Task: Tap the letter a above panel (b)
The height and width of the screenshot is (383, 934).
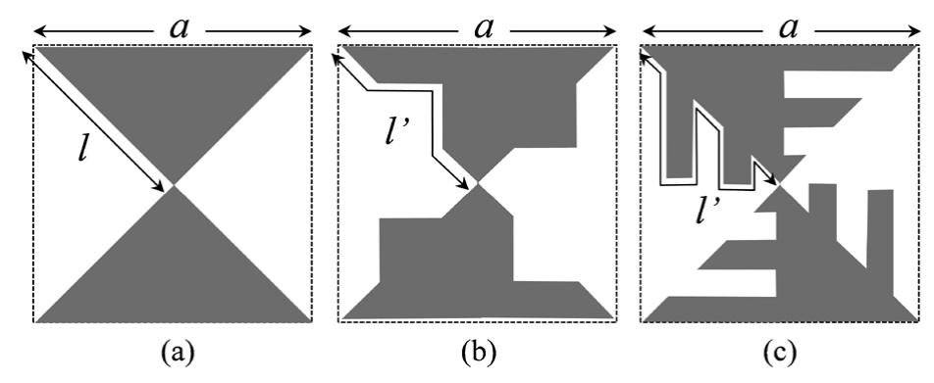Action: [x=482, y=27]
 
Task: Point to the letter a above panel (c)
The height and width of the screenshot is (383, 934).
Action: [x=784, y=27]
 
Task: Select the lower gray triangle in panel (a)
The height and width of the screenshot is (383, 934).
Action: [x=174, y=274]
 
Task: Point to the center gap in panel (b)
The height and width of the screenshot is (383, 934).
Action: [x=479, y=184]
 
